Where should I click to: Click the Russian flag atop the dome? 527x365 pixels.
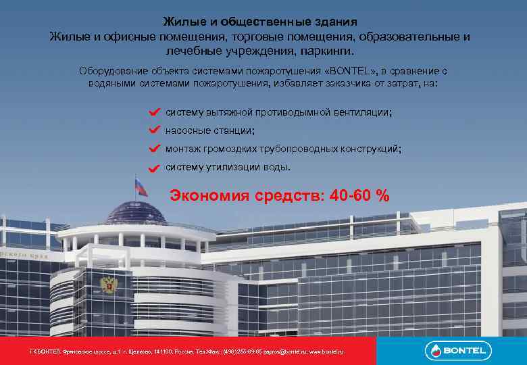pos(141,185)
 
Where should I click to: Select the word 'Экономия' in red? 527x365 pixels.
pos(210,196)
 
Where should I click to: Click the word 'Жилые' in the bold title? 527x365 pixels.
pos(180,22)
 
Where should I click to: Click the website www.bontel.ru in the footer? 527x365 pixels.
pos(326,352)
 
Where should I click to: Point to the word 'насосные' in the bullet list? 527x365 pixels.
pos(186,130)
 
